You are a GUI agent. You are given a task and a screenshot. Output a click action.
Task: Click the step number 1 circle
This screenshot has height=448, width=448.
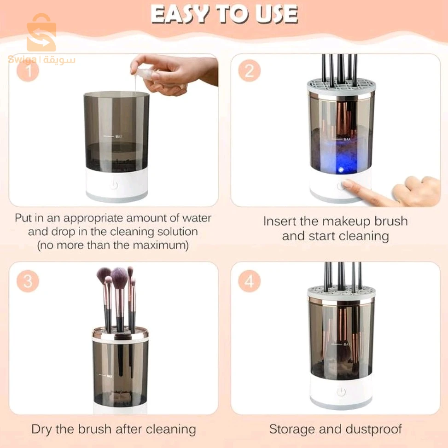[28, 71]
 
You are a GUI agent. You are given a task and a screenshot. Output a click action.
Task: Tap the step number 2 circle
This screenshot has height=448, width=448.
[250, 71]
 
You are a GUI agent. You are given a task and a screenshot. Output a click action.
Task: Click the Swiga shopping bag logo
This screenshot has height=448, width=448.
[41, 33]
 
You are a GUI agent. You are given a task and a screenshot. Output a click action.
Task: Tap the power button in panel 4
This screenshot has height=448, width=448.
[341, 392]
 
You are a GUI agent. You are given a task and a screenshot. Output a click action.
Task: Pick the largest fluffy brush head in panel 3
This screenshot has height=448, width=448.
[119, 277]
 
